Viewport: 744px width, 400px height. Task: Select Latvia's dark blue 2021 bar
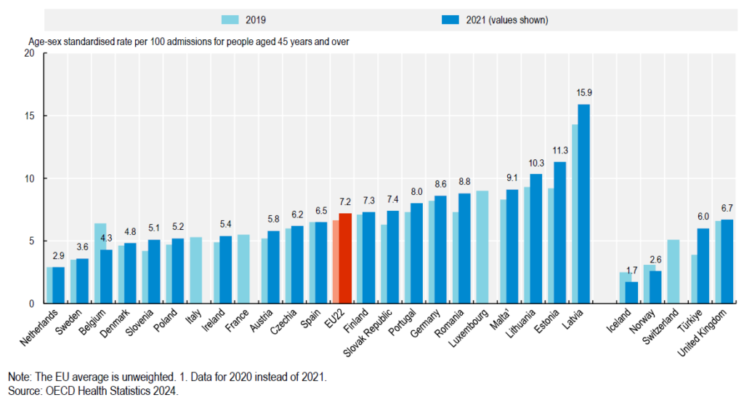click(584, 204)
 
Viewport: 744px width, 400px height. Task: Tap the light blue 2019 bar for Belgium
click(100, 263)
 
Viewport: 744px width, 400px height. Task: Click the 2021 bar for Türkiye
click(703, 266)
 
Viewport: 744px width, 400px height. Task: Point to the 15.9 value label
click(584, 94)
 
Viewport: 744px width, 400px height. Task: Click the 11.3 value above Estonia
click(560, 151)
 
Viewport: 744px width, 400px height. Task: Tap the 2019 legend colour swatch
click(235, 20)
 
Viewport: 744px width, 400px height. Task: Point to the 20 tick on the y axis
click(28, 54)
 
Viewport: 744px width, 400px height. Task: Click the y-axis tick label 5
click(31, 241)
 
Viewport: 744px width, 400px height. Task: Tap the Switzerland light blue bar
click(673, 271)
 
